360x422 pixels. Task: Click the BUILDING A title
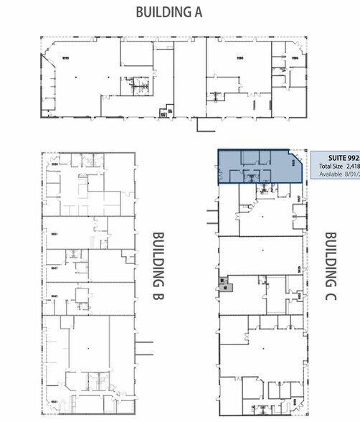coord(169,12)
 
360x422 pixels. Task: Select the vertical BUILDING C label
coord(331,266)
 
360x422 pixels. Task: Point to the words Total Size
coord(331,166)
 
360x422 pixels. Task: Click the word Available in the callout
coord(331,174)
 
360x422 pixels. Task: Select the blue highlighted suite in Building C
coord(255,167)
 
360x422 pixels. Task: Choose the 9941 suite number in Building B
coord(55,402)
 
